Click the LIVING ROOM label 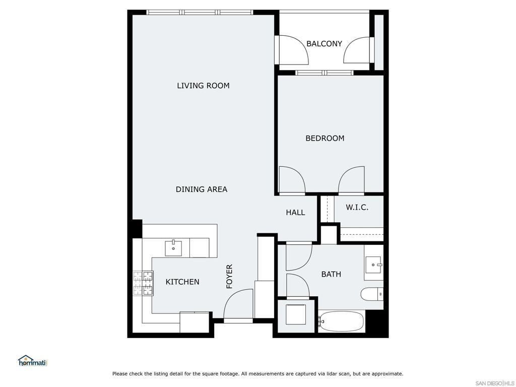pos(203,86)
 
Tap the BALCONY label pos(324,44)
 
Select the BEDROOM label pos(325,138)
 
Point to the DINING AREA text pos(201,189)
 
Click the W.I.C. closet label pos(357,207)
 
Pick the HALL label pos(295,213)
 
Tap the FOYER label pos(230,276)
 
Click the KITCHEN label pos(182,282)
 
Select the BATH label pos(331,274)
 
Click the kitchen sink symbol pos(173,248)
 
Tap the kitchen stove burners pos(143,283)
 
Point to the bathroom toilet pos(372,293)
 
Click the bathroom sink pos(373,264)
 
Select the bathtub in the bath pos(341,321)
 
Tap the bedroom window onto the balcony pos(325,73)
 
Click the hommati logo pos(32,361)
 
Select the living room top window pos(200,12)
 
